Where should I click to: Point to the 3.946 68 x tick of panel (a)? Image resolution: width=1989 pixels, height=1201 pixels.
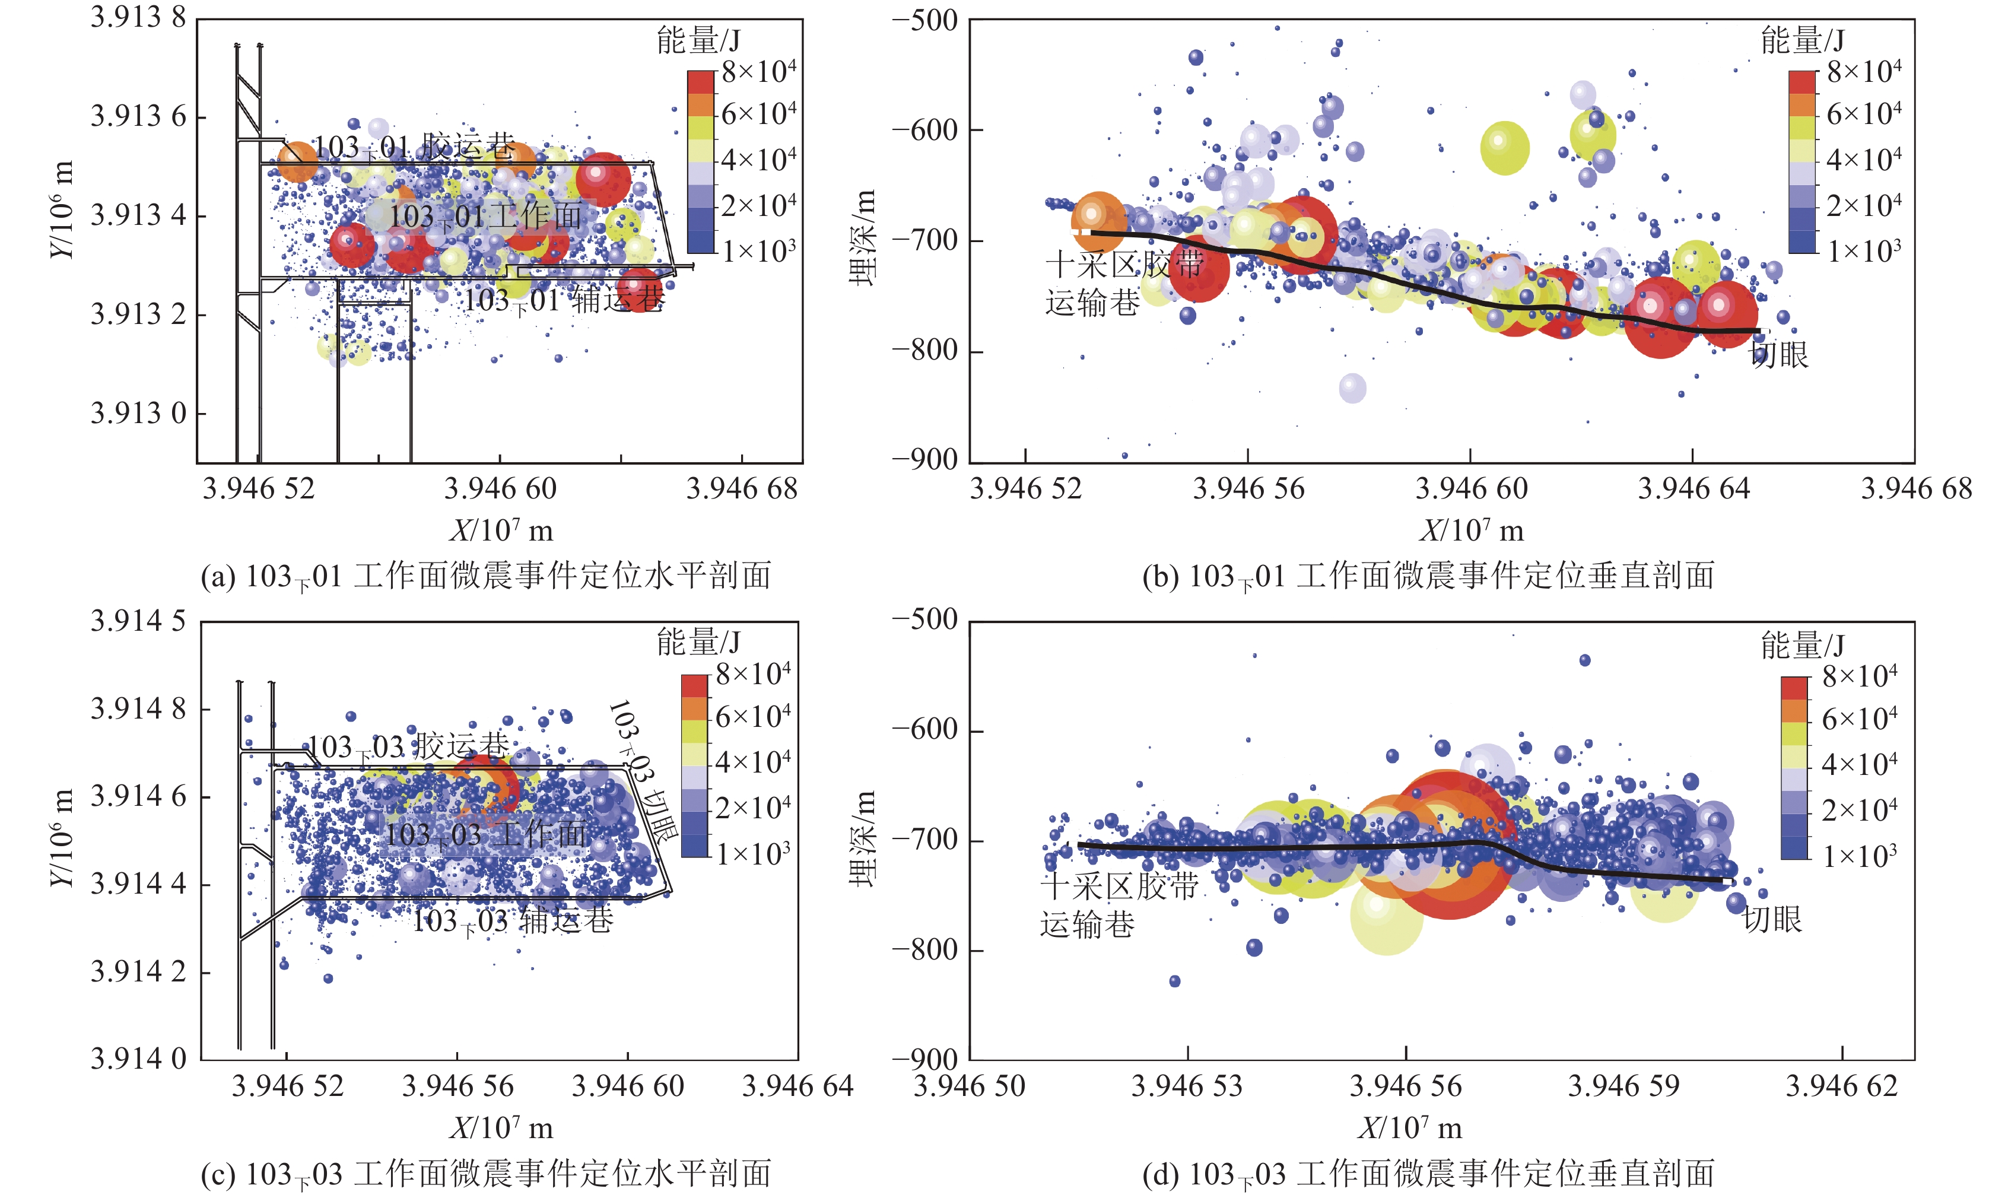(742, 489)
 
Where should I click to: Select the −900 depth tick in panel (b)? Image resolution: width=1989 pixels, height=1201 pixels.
(925, 460)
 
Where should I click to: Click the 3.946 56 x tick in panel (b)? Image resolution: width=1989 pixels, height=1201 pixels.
(1248, 489)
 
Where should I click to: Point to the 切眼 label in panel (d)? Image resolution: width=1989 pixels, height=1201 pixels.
(1772, 919)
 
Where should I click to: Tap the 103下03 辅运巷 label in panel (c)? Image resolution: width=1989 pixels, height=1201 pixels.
(513, 921)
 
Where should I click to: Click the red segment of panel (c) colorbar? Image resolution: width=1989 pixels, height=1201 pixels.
(694, 685)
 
